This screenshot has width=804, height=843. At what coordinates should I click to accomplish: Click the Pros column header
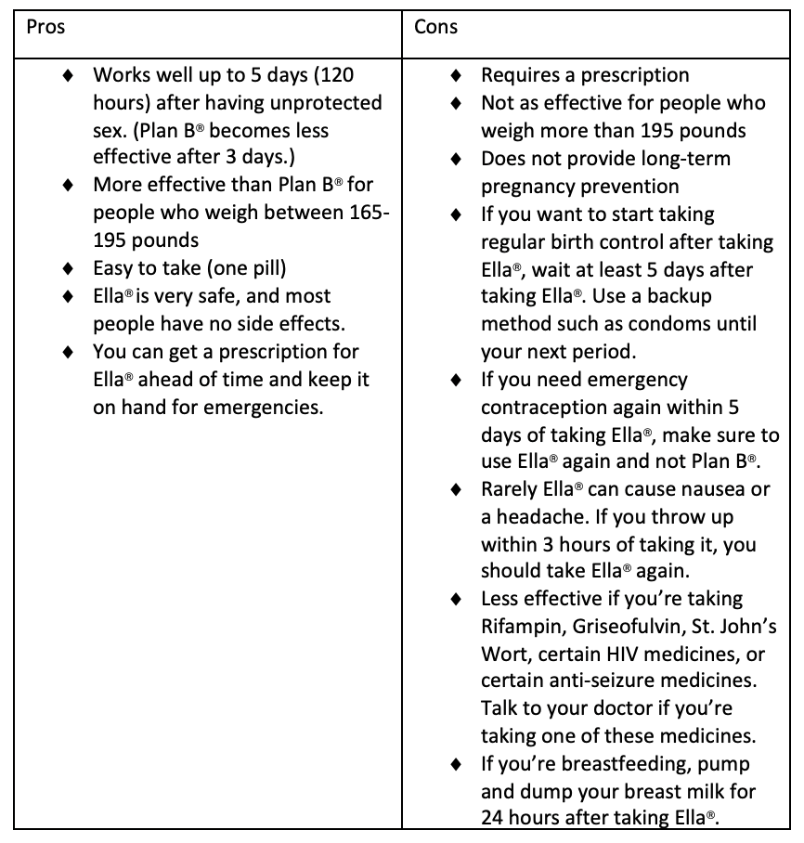[45, 27]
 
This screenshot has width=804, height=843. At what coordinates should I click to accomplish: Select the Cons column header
[435, 27]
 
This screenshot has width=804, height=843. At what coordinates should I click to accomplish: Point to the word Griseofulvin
[629, 626]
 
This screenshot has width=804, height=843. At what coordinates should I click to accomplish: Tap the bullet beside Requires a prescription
[455, 75]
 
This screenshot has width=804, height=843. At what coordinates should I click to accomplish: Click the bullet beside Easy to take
[68, 269]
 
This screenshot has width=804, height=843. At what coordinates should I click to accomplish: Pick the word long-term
[685, 158]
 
